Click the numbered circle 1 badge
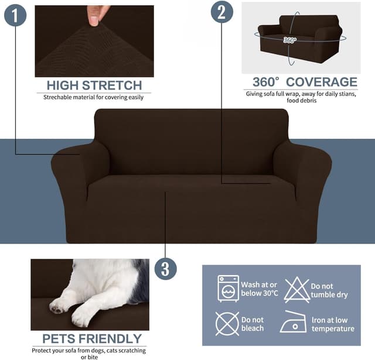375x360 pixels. click(x=15, y=15)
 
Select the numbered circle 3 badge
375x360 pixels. click(x=165, y=269)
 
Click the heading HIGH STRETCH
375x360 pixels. click(x=94, y=85)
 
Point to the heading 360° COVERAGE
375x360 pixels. click(x=304, y=82)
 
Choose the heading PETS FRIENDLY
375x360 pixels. click(x=92, y=338)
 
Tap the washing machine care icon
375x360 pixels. click(x=228, y=288)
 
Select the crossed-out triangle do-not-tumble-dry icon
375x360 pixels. click(x=296, y=289)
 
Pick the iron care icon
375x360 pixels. click(x=293, y=323)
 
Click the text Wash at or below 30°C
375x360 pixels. click(x=258, y=289)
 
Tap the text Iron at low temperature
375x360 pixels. click(x=333, y=324)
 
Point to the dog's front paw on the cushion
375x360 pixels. click(x=61, y=304)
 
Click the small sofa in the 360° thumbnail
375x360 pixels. click(x=299, y=38)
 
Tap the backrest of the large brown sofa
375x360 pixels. click(x=191, y=140)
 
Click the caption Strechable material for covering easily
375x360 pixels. click(x=93, y=97)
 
